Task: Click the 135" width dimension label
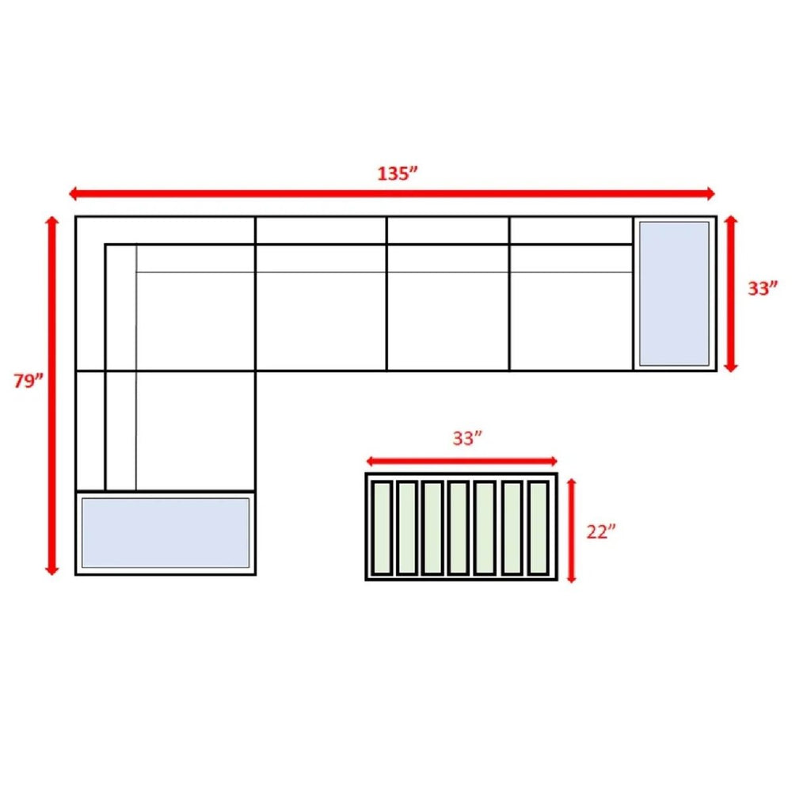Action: point(398,173)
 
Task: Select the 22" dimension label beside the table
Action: point(601,531)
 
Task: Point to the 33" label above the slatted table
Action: point(467,438)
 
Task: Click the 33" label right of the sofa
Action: point(763,288)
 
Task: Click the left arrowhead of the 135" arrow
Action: point(71,193)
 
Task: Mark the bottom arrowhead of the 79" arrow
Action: point(51,573)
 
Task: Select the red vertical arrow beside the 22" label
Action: point(571,531)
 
